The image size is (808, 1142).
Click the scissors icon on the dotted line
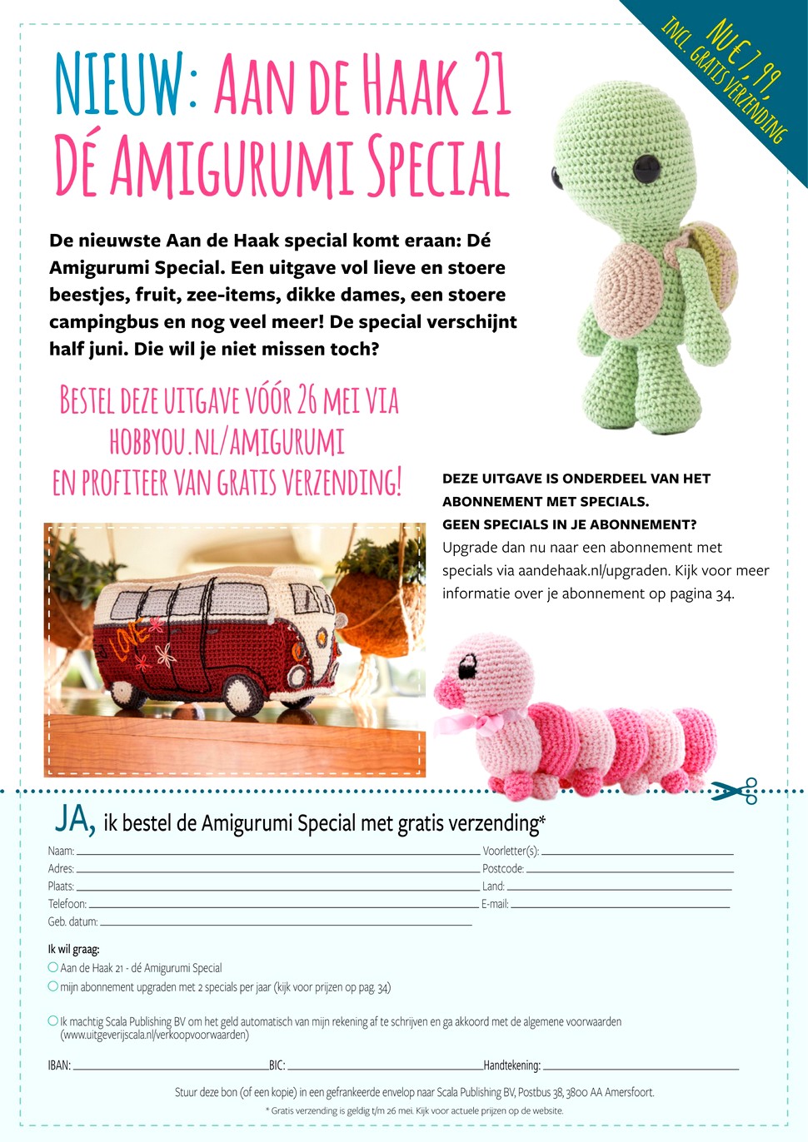click(x=734, y=791)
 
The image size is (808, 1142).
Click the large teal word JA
click(x=74, y=819)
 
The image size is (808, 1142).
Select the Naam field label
click(x=61, y=852)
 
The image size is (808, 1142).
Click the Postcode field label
click(x=503, y=869)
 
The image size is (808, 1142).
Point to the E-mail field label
click(x=495, y=904)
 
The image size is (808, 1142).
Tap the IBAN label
click(x=59, y=1065)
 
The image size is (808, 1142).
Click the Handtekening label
click(x=511, y=1065)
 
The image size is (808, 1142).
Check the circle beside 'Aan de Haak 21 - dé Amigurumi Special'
click(x=53, y=967)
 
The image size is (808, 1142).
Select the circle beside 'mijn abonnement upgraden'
click(x=53, y=986)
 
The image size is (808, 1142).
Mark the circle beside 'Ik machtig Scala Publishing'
click(x=53, y=1020)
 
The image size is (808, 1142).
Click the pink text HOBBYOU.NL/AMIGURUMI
click(x=227, y=441)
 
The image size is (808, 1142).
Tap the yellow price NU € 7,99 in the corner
click(x=744, y=57)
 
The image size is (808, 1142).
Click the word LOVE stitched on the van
click(x=134, y=641)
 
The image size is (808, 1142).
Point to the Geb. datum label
click(x=72, y=922)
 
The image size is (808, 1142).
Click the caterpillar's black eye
click(x=468, y=666)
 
